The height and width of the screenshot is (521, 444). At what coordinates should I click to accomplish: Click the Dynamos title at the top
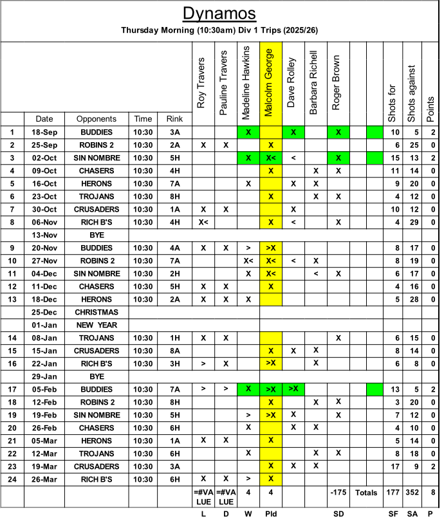click(219, 14)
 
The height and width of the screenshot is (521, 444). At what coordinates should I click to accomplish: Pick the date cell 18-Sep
click(44, 132)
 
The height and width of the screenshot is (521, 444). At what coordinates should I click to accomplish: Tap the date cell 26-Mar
click(44, 479)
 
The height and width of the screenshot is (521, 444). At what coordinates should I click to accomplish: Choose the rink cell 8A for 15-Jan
click(174, 351)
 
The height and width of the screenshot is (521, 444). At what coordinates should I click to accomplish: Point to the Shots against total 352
click(412, 493)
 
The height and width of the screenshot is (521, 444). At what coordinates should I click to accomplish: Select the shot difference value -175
click(338, 493)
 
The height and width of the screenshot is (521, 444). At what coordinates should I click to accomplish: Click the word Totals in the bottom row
click(366, 493)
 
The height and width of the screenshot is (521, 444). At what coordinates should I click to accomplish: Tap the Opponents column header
click(97, 119)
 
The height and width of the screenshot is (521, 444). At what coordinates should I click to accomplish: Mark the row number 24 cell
click(12, 479)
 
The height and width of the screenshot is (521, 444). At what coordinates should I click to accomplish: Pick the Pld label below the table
click(271, 515)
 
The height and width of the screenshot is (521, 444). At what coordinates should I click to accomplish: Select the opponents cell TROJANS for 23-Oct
click(97, 196)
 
